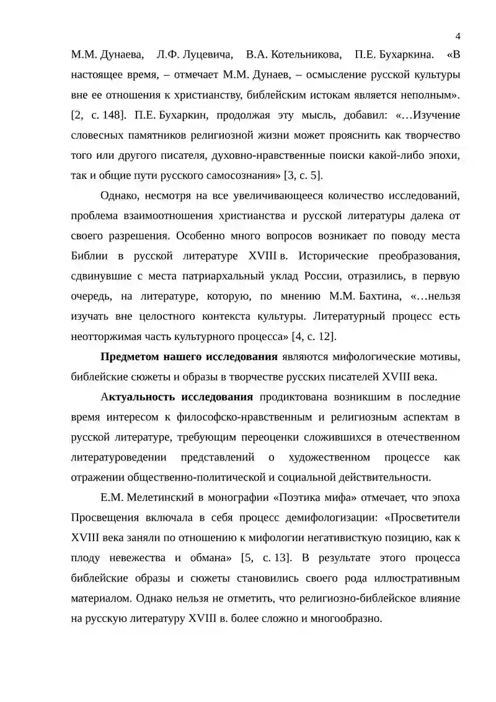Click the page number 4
pos(457,35)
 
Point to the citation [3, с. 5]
pos(303,175)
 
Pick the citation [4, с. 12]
pos(313,336)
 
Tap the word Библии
pos(91,256)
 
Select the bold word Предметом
pos(129,356)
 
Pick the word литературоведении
pos(119,457)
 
